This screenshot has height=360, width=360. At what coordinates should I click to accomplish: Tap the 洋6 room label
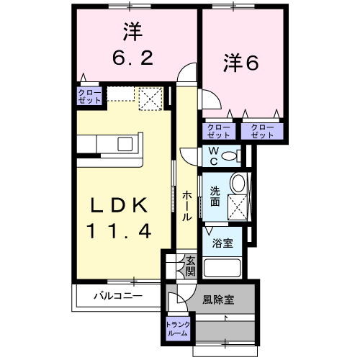(240, 63)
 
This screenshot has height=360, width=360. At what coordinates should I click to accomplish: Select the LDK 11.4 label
(120, 219)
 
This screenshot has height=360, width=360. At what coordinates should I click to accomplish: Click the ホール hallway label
(186, 206)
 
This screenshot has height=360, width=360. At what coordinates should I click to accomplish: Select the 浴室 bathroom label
(222, 243)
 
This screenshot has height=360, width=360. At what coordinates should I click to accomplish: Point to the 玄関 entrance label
(190, 266)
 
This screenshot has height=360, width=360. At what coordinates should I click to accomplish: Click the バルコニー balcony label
(117, 295)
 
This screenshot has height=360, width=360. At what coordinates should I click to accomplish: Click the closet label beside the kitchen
(90, 96)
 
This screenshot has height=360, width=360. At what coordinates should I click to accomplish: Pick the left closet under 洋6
(220, 130)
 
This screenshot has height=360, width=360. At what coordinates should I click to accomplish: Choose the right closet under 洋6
(263, 130)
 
